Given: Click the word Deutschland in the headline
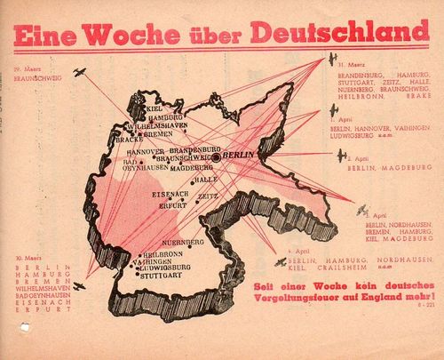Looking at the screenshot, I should tap(345, 32).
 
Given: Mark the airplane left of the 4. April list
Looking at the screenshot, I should tap(283, 263).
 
